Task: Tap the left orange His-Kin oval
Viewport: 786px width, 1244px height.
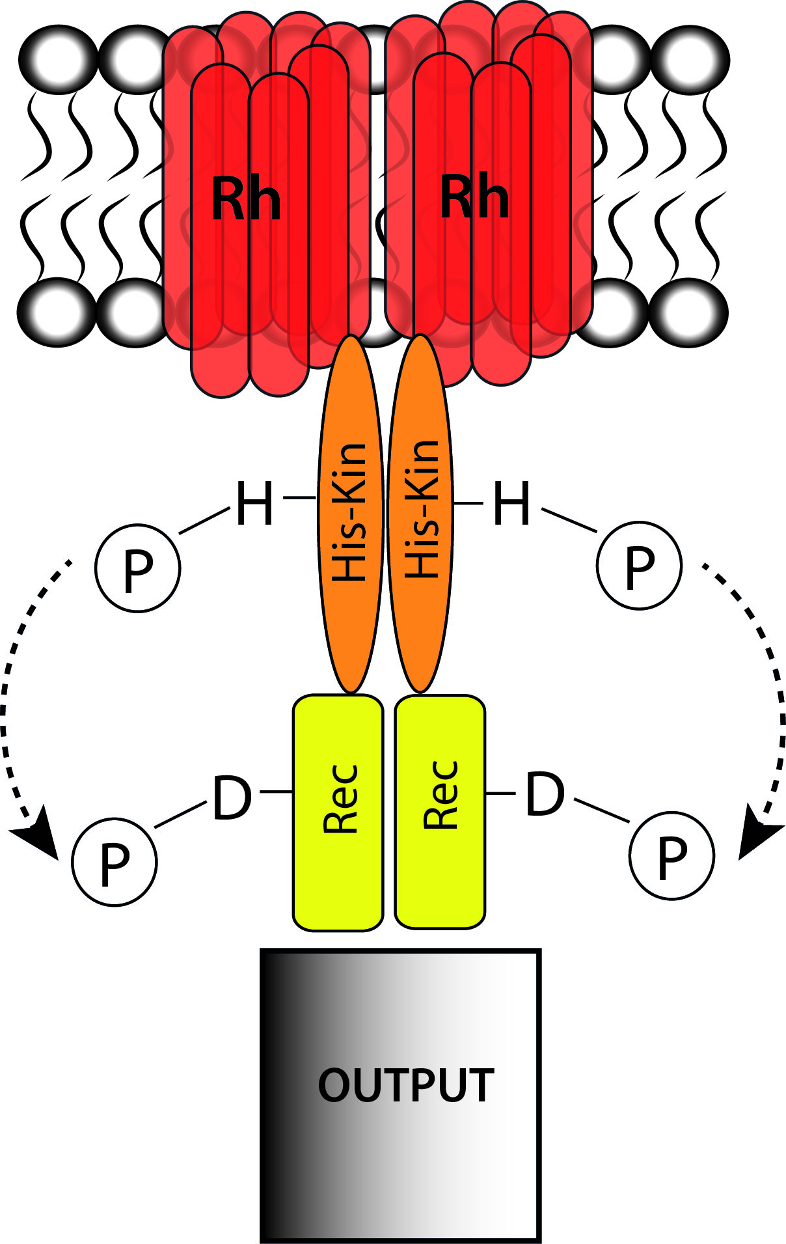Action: (x=350, y=514)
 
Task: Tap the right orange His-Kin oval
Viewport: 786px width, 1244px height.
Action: (x=420, y=514)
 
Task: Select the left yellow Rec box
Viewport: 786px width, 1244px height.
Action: (x=338, y=812)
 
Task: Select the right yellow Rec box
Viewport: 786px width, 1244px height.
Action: (x=440, y=811)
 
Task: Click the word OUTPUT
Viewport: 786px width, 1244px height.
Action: (x=406, y=1085)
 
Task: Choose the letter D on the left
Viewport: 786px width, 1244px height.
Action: (x=232, y=797)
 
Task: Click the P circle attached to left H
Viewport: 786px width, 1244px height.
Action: (x=138, y=568)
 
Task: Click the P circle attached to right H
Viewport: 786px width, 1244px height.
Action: (x=639, y=565)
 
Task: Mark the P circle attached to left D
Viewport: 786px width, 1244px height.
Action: (x=115, y=862)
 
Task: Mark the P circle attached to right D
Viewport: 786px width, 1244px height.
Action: (x=671, y=855)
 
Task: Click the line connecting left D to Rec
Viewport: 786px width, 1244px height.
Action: (x=276, y=792)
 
